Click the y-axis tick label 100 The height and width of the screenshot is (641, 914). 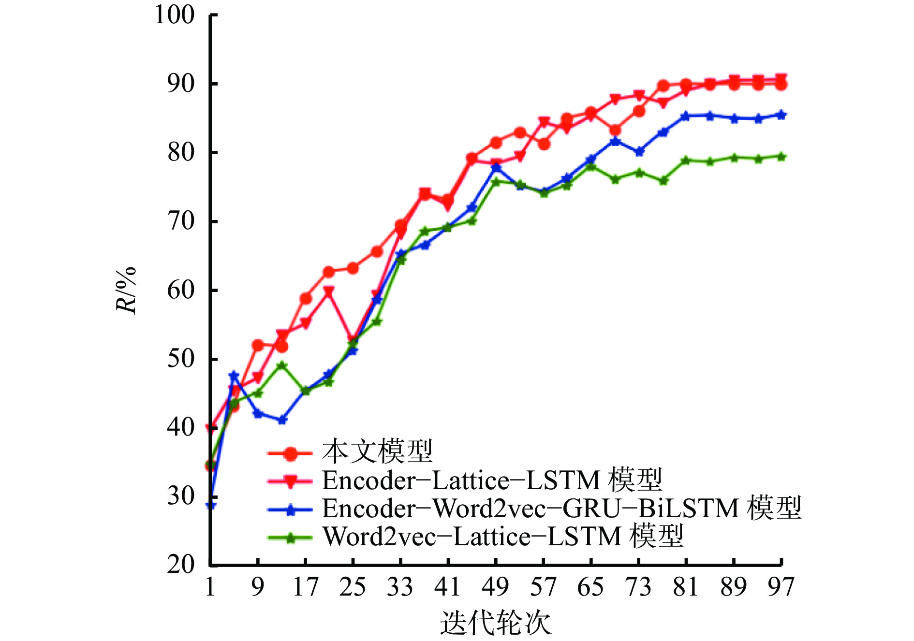tap(174, 15)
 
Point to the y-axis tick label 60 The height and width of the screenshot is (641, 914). tap(181, 290)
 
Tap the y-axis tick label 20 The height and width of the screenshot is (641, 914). tap(181, 564)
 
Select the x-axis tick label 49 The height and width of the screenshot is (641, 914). tap(496, 587)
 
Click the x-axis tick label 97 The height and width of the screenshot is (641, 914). tap(781, 587)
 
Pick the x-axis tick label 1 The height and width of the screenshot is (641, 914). tap(210, 587)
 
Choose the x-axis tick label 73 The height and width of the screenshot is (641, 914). tap(638, 587)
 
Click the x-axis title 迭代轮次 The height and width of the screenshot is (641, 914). tap(496, 623)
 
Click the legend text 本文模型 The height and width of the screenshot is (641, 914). tap(377, 452)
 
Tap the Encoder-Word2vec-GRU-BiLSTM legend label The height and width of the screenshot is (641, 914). tap(561, 508)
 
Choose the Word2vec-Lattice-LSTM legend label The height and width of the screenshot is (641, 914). tap(503, 536)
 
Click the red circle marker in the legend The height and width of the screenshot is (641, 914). tap(290, 453)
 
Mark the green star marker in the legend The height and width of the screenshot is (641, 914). tap(290, 538)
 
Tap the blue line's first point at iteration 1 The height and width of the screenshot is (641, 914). tap(211, 505)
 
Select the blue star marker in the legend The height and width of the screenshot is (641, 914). tap(290, 510)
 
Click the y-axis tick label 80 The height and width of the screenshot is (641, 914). tap(181, 153)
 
